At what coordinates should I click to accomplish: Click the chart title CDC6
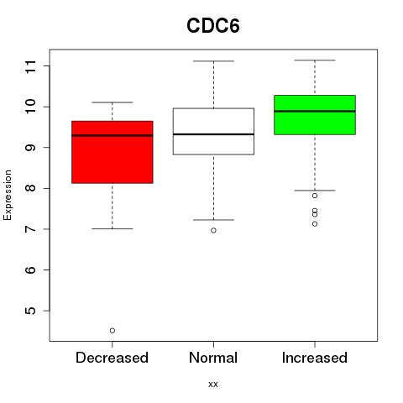(x=213, y=26)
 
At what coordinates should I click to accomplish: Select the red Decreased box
(x=113, y=152)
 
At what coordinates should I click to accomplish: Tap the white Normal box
(x=213, y=131)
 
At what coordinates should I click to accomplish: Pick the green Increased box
(x=315, y=115)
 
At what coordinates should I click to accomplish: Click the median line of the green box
(x=315, y=111)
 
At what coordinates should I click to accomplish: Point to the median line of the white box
(x=213, y=134)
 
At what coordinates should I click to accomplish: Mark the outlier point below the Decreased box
(x=113, y=331)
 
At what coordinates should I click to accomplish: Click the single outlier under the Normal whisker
(x=213, y=230)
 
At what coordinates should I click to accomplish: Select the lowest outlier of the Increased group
(x=315, y=224)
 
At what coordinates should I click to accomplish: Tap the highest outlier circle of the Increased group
(x=315, y=196)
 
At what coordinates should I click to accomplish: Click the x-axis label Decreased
(x=112, y=358)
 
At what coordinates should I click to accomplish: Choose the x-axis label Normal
(x=213, y=358)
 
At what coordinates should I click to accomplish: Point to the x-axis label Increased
(x=315, y=358)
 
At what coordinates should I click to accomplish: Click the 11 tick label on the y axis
(x=31, y=66)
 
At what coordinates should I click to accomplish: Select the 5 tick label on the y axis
(x=31, y=311)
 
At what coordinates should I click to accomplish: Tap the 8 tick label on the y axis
(x=31, y=188)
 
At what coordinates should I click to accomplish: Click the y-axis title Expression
(x=8, y=195)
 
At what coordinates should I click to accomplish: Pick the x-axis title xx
(x=213, y=385)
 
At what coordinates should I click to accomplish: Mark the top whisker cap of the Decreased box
(x=113, y=102)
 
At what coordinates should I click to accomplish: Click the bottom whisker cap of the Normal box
(x=213, y=220)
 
